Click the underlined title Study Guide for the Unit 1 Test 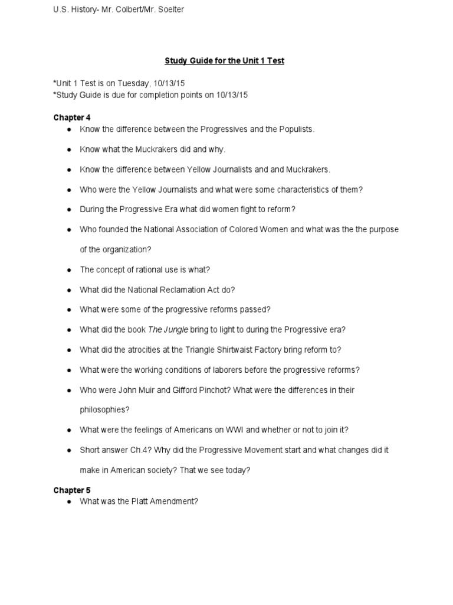click(x=224, y=61)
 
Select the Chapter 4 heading click(x=72, y=118)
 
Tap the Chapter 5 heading click(x=72, y=490)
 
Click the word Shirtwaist click(x=224, y=350)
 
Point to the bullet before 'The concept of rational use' click(x=69, y=270)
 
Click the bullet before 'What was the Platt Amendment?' click(x=69, y=502)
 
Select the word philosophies click(x=104, y=409)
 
